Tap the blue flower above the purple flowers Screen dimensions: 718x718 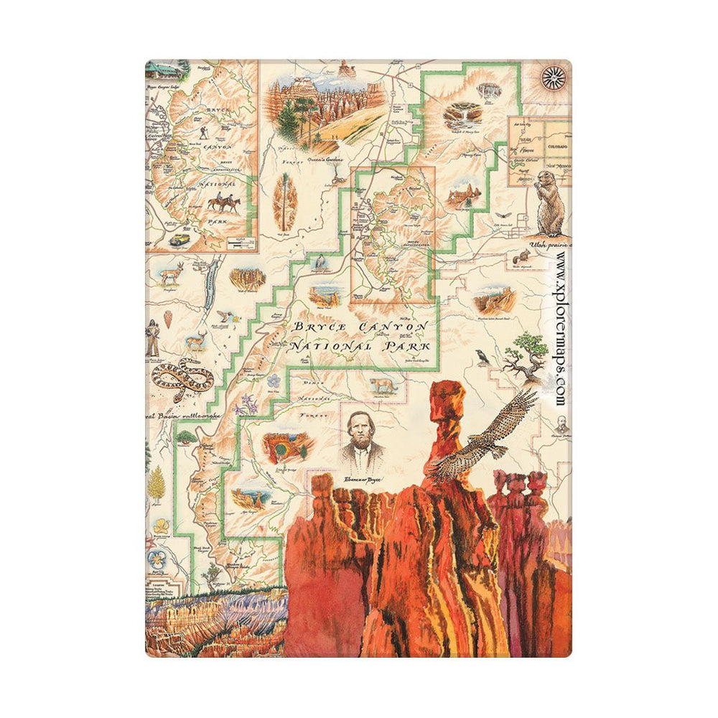pyautogui.click(x=274, y=381)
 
